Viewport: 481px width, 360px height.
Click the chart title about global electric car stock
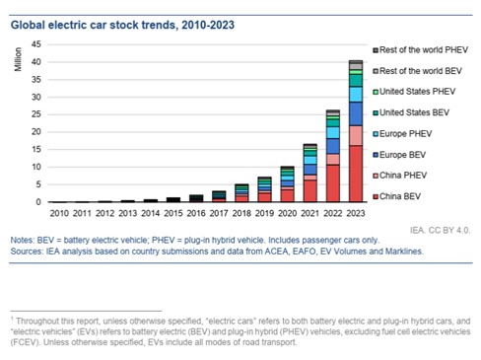[x=122, y=25]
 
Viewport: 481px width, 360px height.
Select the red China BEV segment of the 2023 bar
[x=356, y=174]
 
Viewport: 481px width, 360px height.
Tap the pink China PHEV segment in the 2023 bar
[x=356, y=135]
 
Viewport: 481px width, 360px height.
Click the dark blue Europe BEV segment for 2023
[x=356, y=113]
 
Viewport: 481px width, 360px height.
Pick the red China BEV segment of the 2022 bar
[x=333, y=183]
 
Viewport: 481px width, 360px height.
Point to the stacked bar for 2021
[x=310, y=173]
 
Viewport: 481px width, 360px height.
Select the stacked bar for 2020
[x=288, y=183]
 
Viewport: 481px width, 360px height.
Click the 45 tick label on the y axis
[x=36, y=44]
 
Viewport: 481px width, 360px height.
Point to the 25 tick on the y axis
[x=36, y=114]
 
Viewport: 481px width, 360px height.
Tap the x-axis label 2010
[x=59, y=213]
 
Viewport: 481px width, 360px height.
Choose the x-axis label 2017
[x=219, y=213]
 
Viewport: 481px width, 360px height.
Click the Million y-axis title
[x=18, y=59]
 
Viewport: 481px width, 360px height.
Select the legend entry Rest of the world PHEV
[x=421, y=50]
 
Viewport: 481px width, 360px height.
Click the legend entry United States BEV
[x=411, y=112]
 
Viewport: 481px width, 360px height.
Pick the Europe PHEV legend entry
[x=402, y=134]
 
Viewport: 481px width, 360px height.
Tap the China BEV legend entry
[x=397, y=196]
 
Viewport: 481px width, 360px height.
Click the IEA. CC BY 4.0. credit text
[x=440, y=230]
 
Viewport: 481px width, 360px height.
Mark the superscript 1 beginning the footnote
[x=12, y=319]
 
